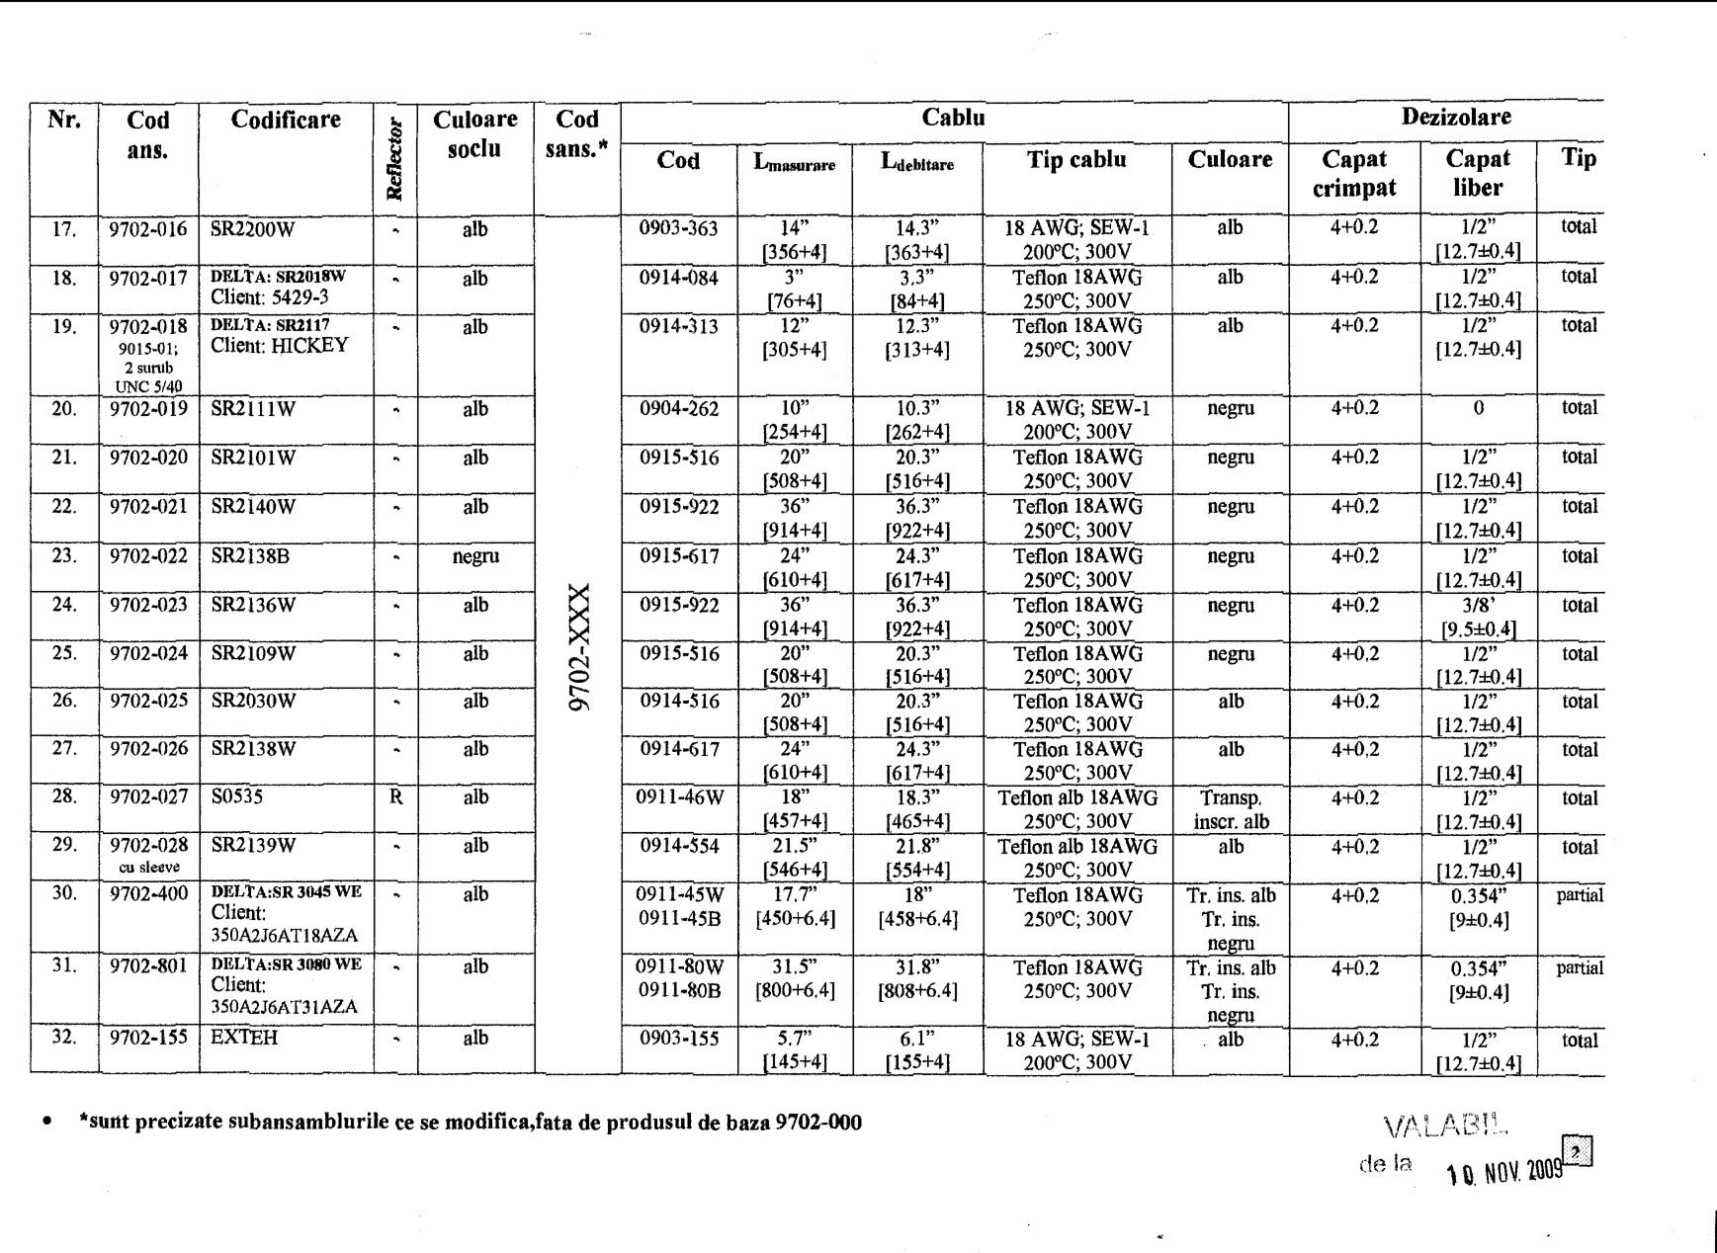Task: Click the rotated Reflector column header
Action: click(395, 159)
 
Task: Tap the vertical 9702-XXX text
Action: click(578, 647)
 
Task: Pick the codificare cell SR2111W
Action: click(253, 409)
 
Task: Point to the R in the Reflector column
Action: click(395, 797)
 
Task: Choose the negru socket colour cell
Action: click(475, 556)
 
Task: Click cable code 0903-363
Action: click(678, 228)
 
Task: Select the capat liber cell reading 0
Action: click(1478, 408)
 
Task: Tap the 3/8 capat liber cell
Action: click(1478, 617)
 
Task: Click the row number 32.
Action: click(64, 1038)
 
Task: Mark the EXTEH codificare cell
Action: click(244, 1038)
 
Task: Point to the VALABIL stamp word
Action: click(1445, 1126)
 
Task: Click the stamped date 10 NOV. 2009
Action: click(1504, 1172)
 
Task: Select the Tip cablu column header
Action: click(1076, 160)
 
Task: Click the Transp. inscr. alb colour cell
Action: click(1230, 809)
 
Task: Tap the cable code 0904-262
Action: click(678, 409)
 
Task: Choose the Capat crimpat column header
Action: click(1353, 173)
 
